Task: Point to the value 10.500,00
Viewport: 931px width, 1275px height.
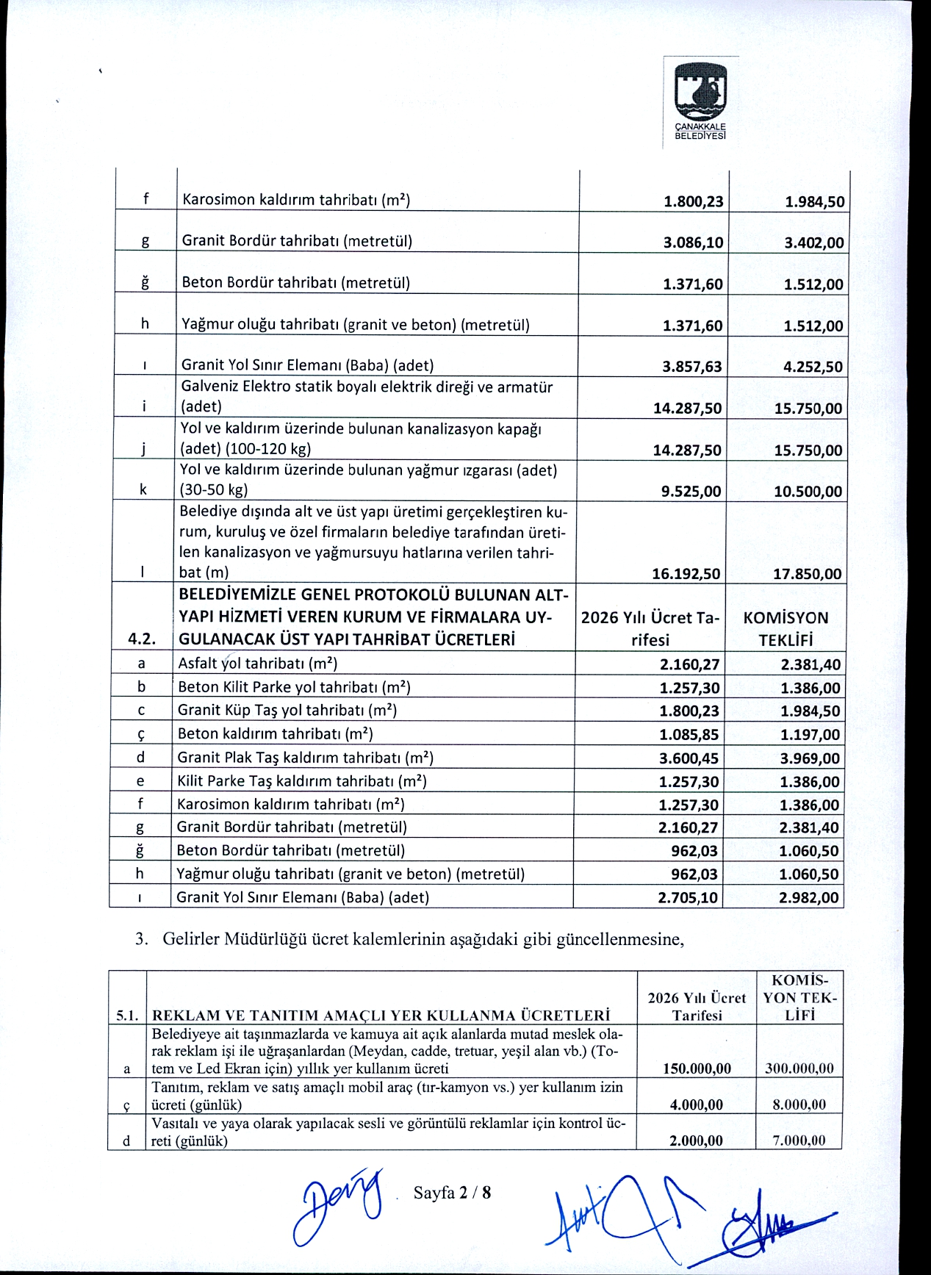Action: [808, 492]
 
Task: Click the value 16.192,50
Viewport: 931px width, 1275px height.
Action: [686, 574]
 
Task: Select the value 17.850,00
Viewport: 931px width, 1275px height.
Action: [808, 574]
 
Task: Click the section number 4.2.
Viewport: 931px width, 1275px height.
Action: [142, 639]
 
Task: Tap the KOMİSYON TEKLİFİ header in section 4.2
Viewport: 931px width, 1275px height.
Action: [785, 628]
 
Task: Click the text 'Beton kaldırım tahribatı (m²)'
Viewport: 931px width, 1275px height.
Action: [276, 733]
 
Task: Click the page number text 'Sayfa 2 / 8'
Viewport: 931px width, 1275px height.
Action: [452, 1192]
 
